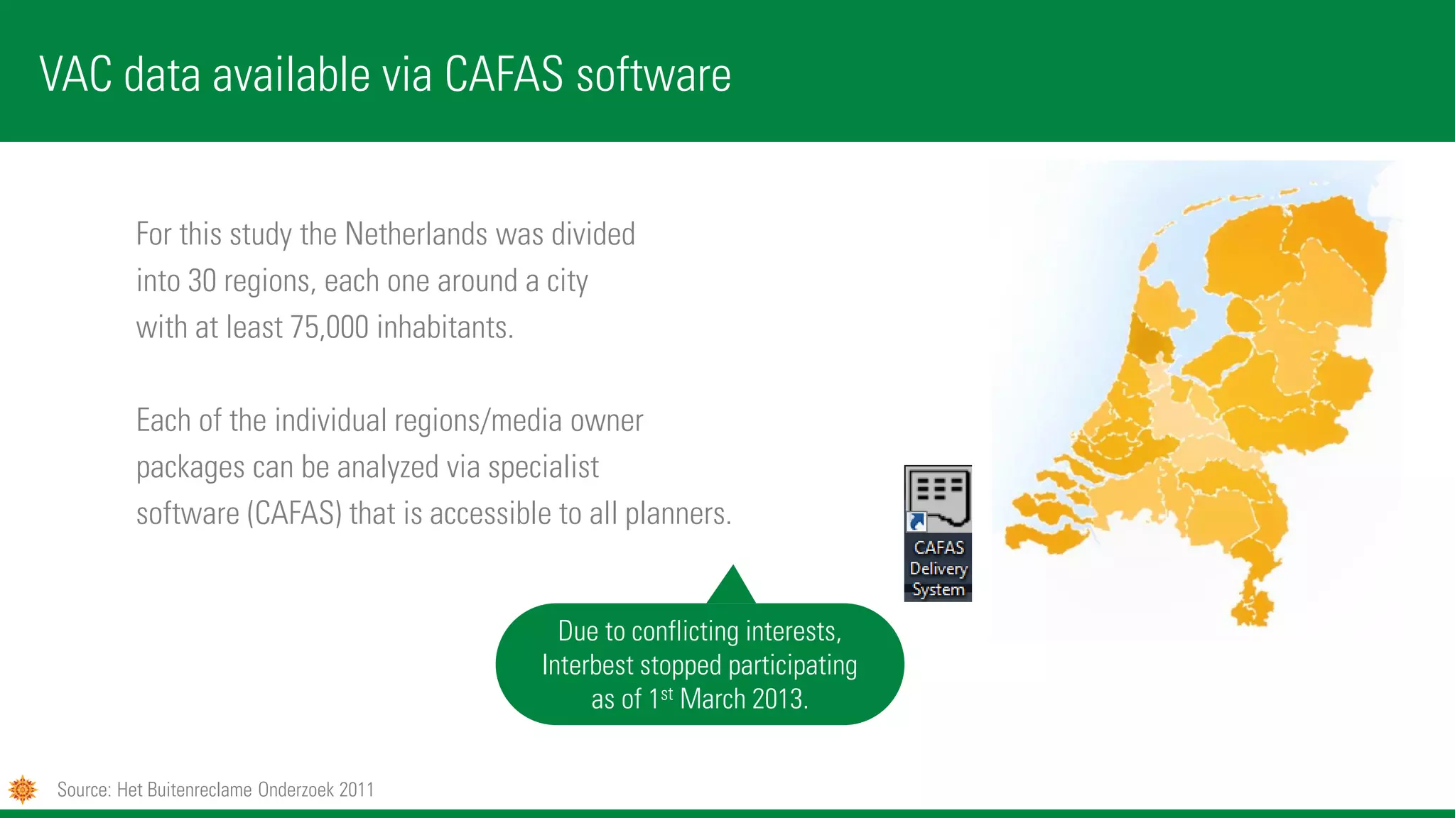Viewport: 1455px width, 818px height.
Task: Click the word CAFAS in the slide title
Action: (x=504, y=75)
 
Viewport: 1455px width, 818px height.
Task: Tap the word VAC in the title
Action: (x=75, y=75)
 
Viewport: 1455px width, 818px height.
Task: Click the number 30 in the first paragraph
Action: (x=202, y=281)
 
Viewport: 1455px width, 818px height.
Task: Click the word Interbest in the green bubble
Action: (x=587, y=665)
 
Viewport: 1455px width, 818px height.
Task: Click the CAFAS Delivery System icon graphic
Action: (x=938, y=498)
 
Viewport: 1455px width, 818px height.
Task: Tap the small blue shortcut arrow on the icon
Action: (x=916, y=523)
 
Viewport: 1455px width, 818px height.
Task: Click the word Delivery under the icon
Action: (x=939, y=569)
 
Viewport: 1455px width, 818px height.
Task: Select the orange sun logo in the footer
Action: (x=23, y=789)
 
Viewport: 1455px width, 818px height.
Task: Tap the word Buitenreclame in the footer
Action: (x=201, y=790)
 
